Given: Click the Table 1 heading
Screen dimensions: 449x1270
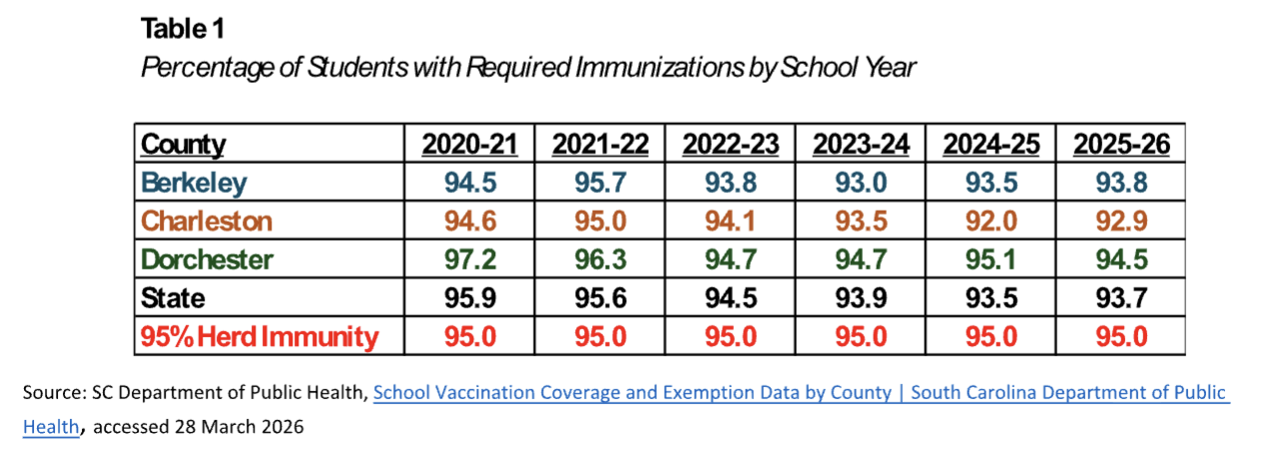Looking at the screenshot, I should tap(183, 29).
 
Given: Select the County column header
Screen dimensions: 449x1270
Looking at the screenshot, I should tap(183, 145).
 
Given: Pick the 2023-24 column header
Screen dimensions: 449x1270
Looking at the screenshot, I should tap(861, 145).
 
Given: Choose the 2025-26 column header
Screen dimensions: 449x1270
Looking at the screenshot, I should tap(1120, 145).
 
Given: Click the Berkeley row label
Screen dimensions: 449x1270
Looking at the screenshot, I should tap(194, 183).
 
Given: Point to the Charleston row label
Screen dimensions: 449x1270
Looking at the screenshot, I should tap(206, 221).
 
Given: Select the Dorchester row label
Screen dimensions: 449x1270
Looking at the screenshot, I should tap(208, 259).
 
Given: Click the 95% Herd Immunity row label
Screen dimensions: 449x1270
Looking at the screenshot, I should tap(260, 336).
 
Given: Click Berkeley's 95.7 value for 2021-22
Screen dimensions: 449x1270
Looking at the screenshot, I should tap(600, 183).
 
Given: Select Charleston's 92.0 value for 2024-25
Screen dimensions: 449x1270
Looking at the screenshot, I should tap(990, 221).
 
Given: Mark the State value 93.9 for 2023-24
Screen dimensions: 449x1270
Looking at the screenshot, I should tap(861, 297).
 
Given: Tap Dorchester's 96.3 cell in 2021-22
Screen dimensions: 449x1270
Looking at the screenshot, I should tap(600, 259).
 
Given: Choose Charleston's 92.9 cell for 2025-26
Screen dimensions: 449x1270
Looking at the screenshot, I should tap(1120, 221).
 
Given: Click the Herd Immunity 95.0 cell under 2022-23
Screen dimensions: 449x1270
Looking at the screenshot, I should tap(731, 336).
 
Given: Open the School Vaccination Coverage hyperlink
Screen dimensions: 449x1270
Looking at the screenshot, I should tap(799, 393).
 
